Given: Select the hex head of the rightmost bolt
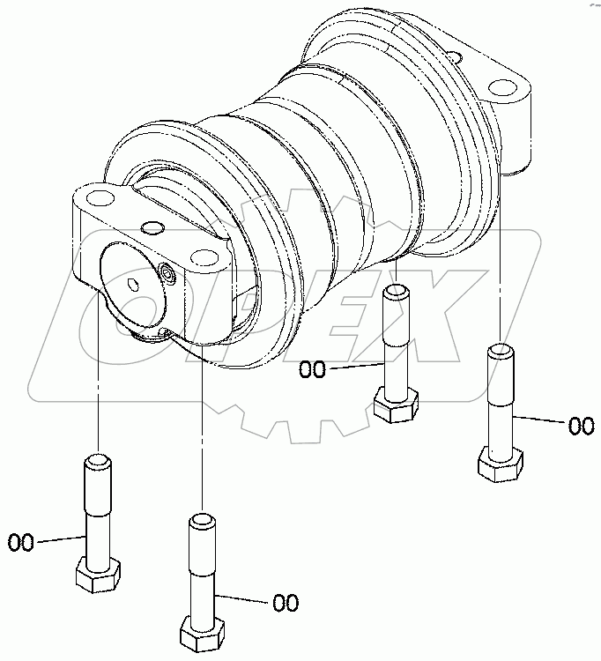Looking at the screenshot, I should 500,463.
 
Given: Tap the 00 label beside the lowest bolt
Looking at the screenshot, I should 286,604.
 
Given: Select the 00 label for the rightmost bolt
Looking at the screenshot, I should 581,427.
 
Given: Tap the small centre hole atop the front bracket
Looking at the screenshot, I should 153,227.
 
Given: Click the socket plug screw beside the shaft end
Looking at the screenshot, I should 169,278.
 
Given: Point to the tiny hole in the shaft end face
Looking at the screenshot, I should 131,284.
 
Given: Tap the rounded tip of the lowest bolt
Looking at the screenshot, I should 201,522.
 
